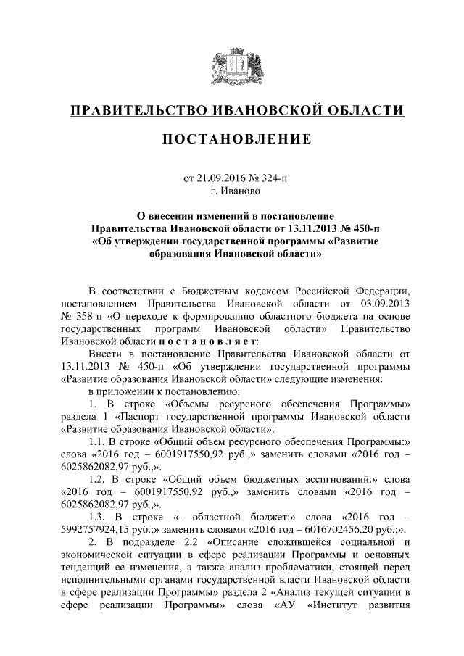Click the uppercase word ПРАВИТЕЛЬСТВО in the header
[x=134, y=111]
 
